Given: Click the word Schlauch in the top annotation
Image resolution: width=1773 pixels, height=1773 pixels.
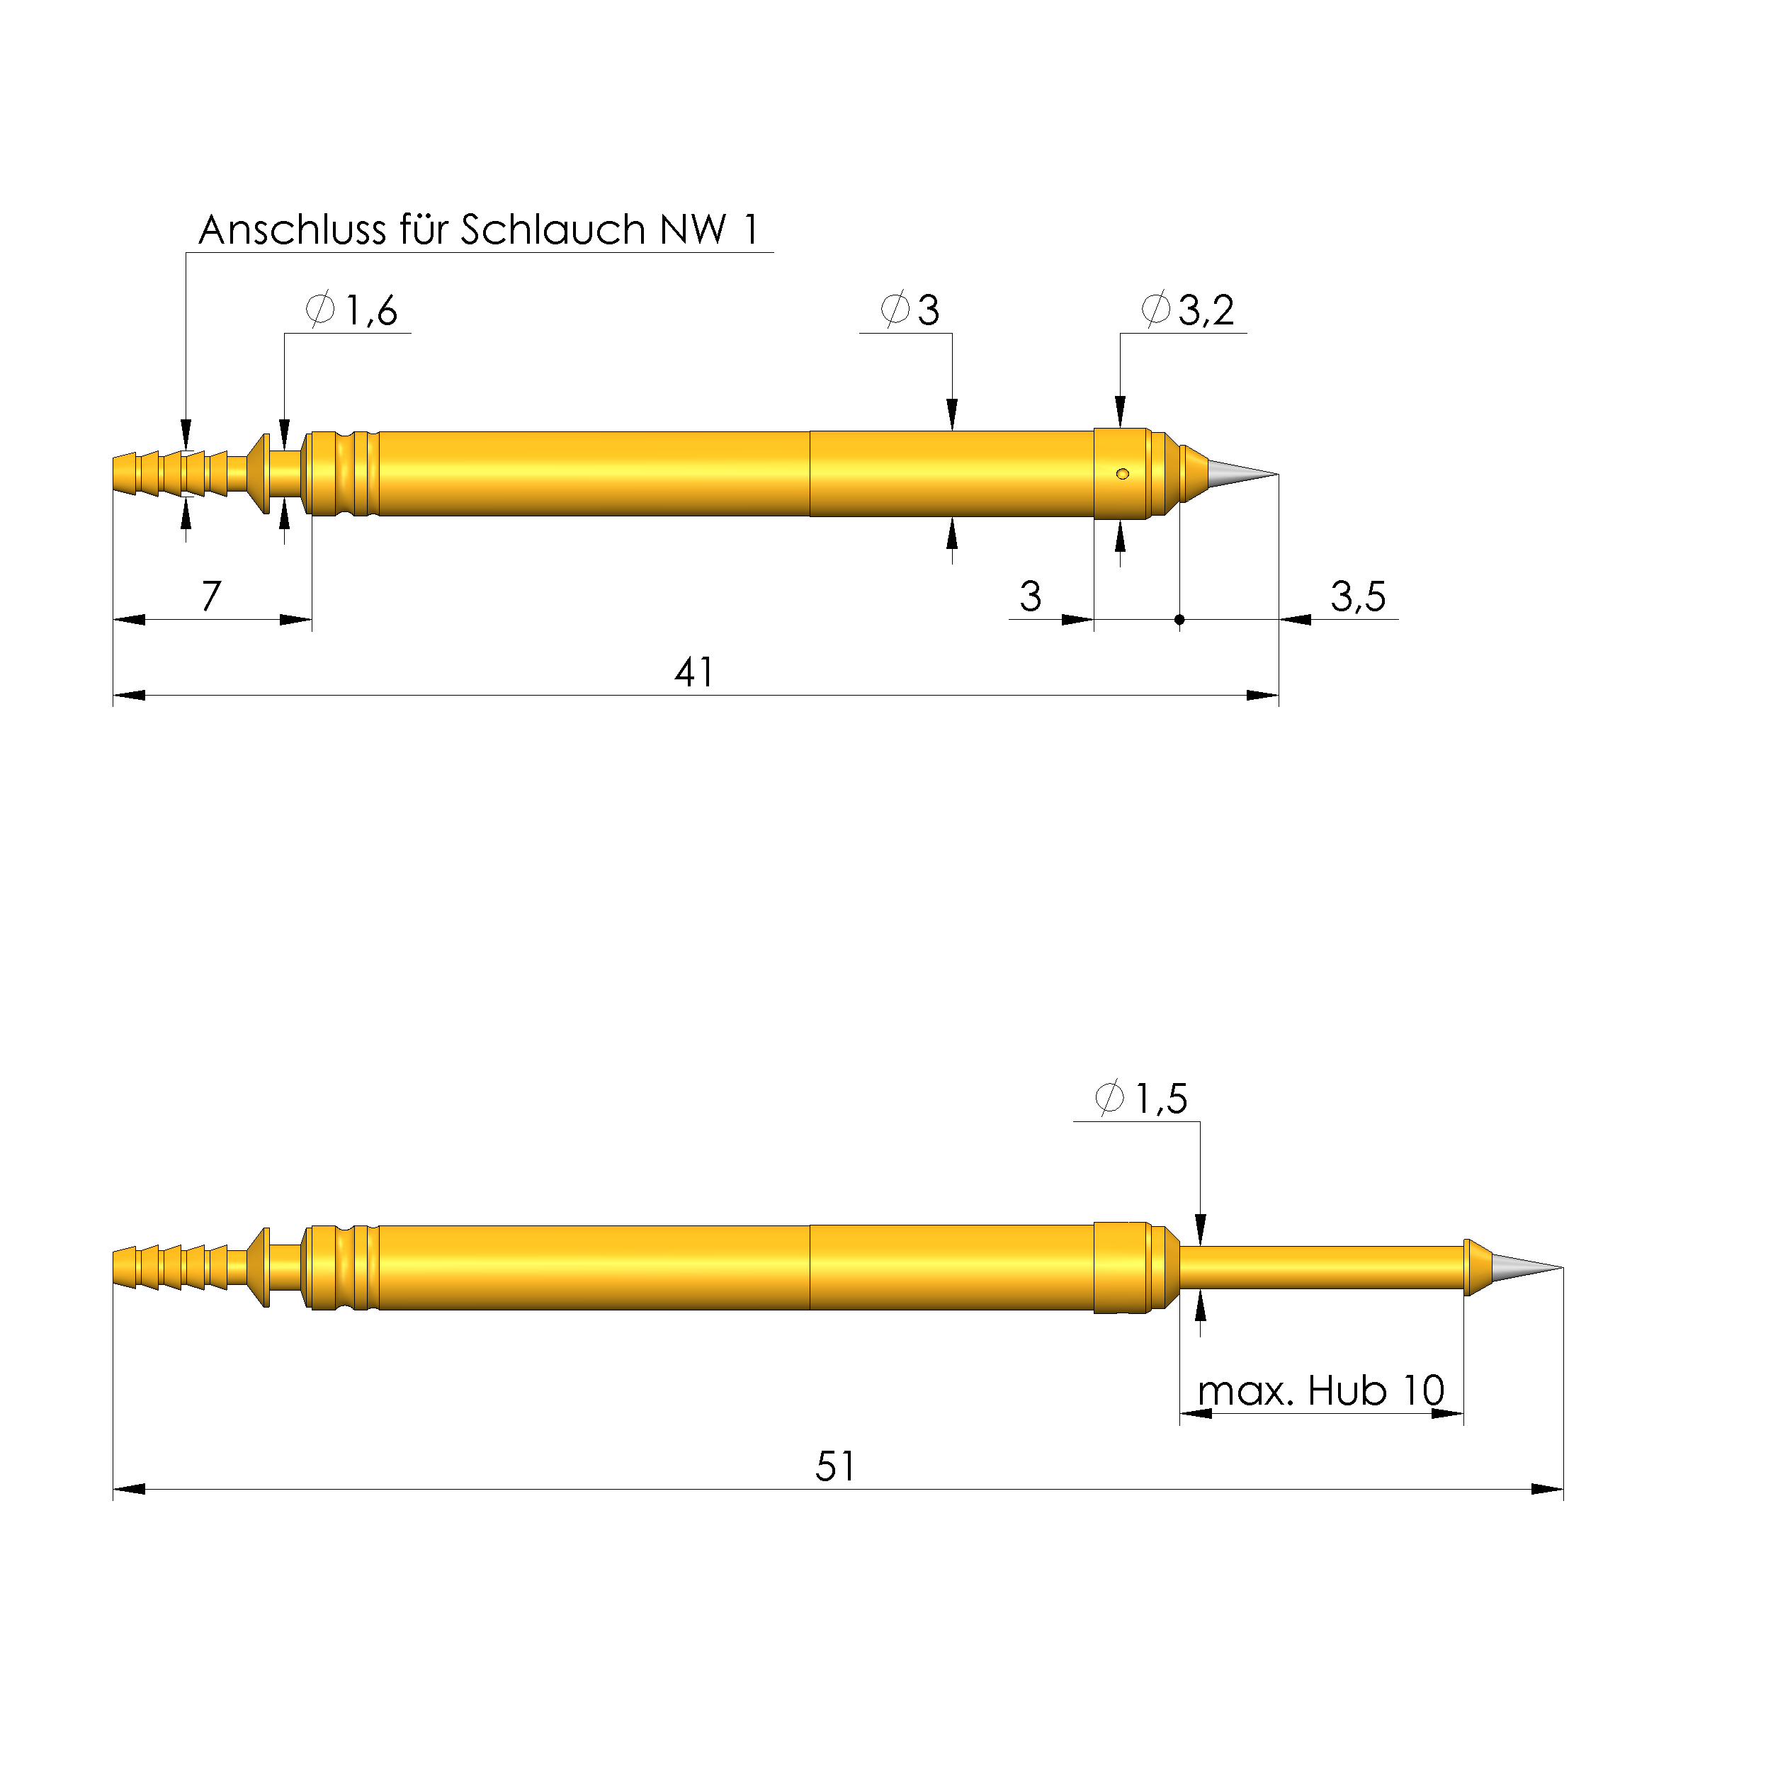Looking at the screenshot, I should coord(553,230).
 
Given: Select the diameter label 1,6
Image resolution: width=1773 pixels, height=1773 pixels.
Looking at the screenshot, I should coord(370,310).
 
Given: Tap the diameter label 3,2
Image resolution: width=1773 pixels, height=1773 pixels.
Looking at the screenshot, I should coord(1205,310).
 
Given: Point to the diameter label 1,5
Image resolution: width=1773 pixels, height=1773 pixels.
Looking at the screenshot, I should coord(1161,1099).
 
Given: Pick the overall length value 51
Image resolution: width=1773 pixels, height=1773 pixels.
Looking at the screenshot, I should coord(834,1466).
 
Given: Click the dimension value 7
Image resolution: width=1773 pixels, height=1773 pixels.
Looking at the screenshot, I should coord(211,596).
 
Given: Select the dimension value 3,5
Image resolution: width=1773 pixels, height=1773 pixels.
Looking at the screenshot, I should coord(1357,596).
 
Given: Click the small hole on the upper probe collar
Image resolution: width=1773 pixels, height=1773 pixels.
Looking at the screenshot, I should coord(1121,474).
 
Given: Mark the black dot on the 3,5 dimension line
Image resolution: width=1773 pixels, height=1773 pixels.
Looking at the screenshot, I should coord(1179,619).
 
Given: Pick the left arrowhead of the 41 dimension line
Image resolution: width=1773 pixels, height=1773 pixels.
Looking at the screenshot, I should coord(128,695).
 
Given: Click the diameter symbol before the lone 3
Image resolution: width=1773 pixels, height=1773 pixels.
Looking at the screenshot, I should coord(895,310).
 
